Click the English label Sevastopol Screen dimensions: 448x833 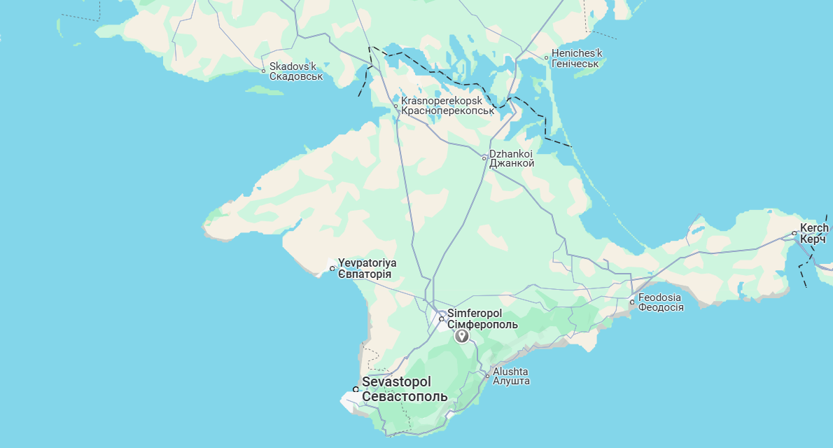tap(396, 382)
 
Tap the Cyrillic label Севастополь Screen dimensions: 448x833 tap(405, 397)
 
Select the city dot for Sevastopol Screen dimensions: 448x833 tap(356, 389)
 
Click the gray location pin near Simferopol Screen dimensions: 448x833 tap(462, 336)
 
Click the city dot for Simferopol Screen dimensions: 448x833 tap(441, 319)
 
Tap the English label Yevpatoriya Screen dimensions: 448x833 tap(367, 262)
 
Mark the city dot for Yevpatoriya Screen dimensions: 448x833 tap(332, 268)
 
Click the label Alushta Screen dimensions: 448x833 tap(510, 371)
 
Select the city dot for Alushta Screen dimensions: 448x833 tap(488, 376)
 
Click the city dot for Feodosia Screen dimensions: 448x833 tap(632, 302)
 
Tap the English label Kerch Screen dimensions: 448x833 tap(815, 228)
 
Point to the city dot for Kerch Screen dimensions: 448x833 tap(794, 233)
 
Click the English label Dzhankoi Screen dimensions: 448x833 tap(511, 153)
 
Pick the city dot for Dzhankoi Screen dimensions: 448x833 tap(484, 158)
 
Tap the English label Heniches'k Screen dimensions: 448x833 tap(577, 53)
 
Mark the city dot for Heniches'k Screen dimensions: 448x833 tap(547, 57)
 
